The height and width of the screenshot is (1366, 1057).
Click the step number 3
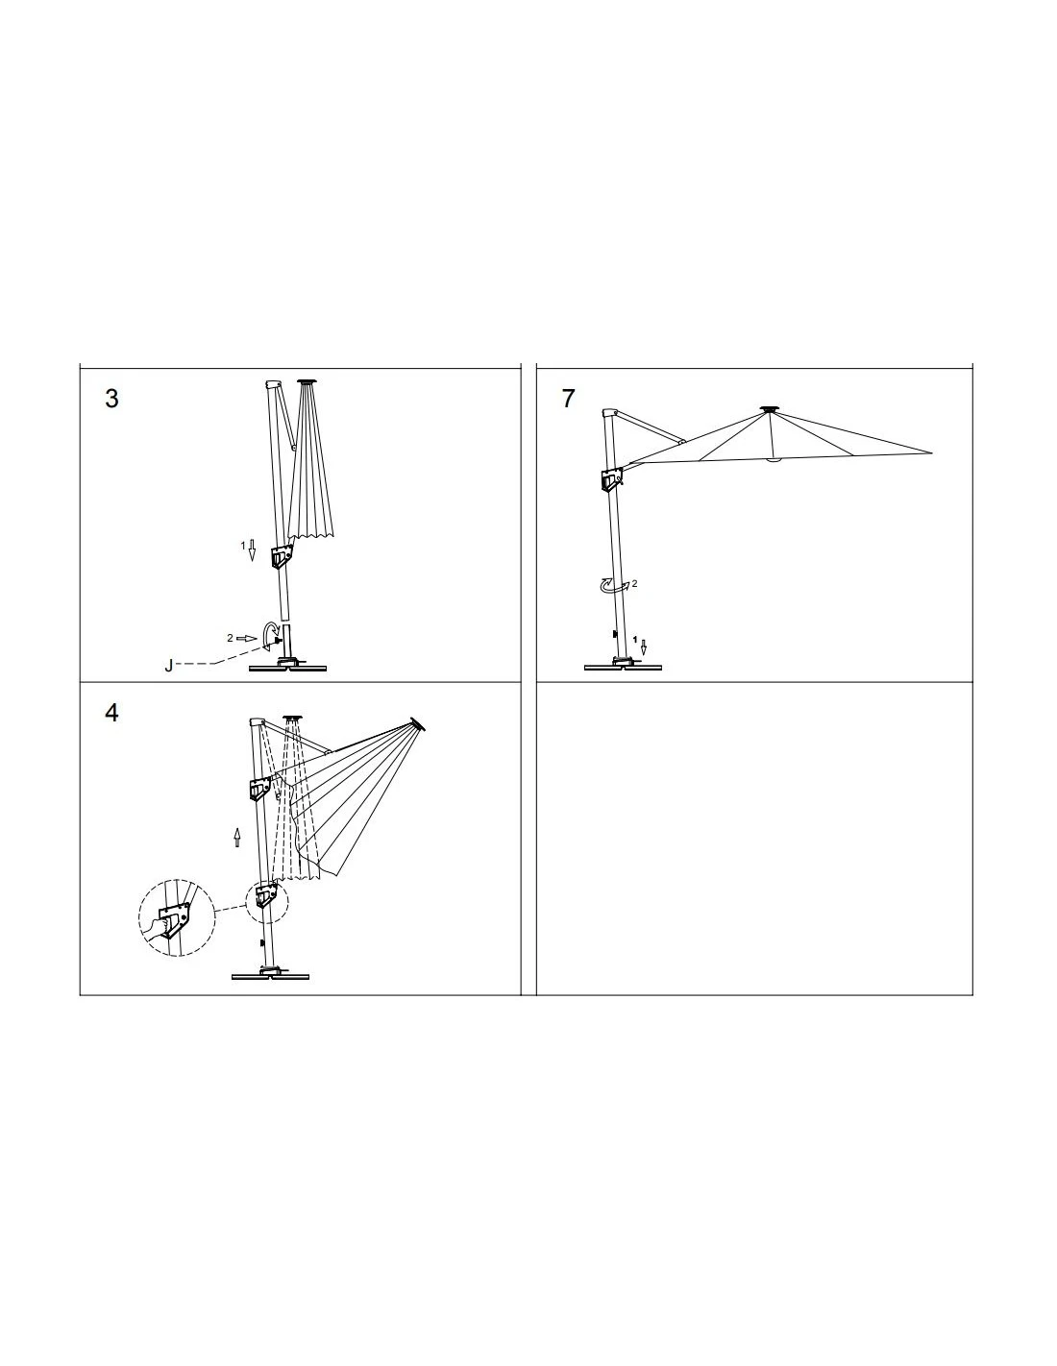pyautogui.click(x=112, y=400)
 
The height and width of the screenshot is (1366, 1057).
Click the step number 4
pyautogui.click(x=112, y=714)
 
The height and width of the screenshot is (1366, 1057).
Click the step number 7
pyautogui.click(x=569, y=400)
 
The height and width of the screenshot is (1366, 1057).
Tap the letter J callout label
pyautogui.click(x=169, y=666)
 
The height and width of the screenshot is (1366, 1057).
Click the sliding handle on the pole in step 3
pyautogui.click(x=282, y=557)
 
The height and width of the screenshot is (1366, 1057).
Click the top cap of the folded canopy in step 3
pyautogui.click(x=307, y=383)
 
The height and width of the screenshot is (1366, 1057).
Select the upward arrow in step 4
pyautogui.click(x=237, y=839)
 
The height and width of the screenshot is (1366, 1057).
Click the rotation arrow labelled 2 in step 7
pyautogui.click(x=611, y=585)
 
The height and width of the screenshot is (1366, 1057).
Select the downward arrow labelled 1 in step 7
pyautogui.click(x=644, y=646)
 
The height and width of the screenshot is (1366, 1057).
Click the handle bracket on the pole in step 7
pyautogui.click(x=609, y=477)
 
